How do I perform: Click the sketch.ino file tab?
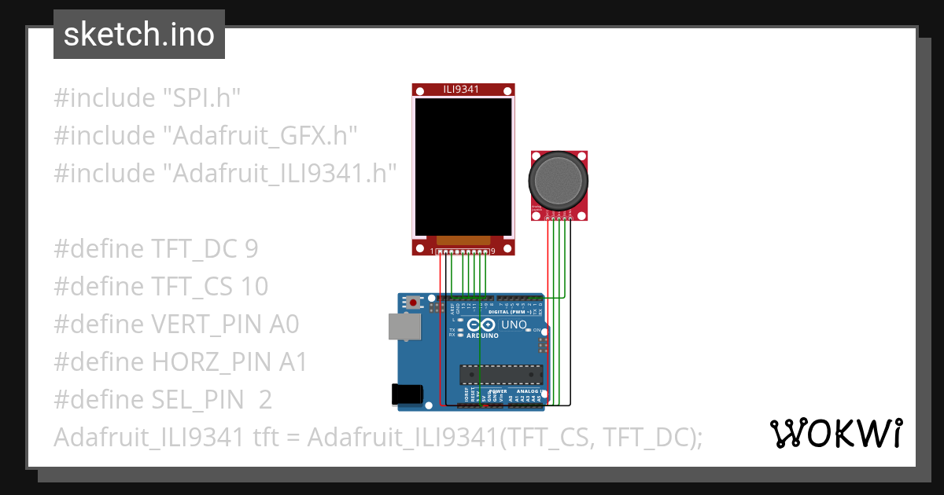click(x=139, y=35)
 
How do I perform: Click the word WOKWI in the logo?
click(x=835, y=434)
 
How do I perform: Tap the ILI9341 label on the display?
click(x=463, y=90)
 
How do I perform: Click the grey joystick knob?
click(x=559, y=180)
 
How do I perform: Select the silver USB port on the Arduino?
click(x=404, y=327)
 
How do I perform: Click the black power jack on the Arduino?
click(x=407, y=394)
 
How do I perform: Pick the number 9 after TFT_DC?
click(x=251, y=249)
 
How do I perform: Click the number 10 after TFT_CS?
click(x=256, y=287)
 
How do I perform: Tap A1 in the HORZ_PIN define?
click(x=293, y=362)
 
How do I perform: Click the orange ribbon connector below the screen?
click(x=463, y=239)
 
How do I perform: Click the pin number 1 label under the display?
click(x=432, y=251)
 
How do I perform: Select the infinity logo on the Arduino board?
click(x=481, y=324)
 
